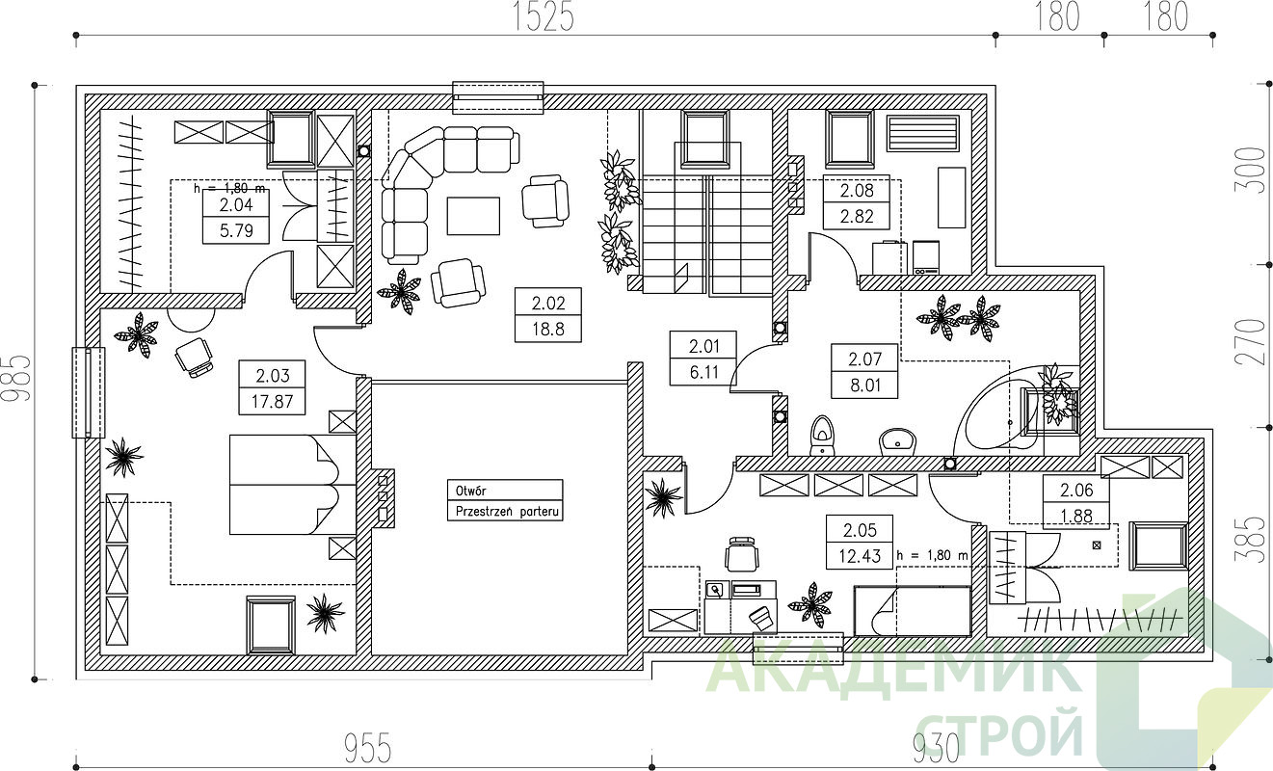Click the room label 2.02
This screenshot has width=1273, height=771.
(x=548, y=303)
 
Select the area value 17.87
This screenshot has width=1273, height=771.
(x=272, y=402)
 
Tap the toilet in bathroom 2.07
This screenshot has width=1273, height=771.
(x=822, y=436)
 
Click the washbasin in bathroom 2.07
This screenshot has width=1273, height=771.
(x=898, y=441)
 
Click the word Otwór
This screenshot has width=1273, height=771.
(x=470, y=490)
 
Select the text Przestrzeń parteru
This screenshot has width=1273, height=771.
(x=507, y=511)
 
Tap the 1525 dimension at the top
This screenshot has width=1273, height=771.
(x=544, y=17)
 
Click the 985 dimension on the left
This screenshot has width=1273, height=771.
(x=16, y=379)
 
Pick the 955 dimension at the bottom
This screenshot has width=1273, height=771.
(x=368, y=748)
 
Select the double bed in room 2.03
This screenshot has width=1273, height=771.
(x=293, y=485)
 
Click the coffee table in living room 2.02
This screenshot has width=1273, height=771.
(x=473, y=216)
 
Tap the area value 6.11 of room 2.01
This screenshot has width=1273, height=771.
(x=704, y=372)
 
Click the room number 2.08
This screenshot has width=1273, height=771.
(x=857, y=190)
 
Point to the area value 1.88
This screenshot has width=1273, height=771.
(x=1076, y=516)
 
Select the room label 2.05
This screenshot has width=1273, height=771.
(x=860, y=530)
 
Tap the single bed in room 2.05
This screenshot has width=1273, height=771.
(x=913, y=611)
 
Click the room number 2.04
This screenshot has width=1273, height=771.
(x=236, y=204)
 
